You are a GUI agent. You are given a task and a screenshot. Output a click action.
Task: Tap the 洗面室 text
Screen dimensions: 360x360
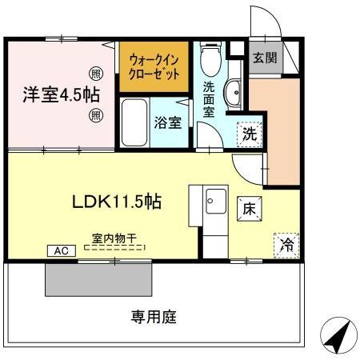208,99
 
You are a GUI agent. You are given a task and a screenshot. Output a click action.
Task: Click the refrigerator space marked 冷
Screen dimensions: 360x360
284,246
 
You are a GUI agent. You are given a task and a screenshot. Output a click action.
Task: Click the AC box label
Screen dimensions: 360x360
62,250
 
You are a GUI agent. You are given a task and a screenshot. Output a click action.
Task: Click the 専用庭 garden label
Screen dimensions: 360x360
154,316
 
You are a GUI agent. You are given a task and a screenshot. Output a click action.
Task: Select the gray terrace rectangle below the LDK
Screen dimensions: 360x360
98,279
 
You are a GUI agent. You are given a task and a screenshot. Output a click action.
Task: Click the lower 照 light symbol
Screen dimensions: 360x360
94,115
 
